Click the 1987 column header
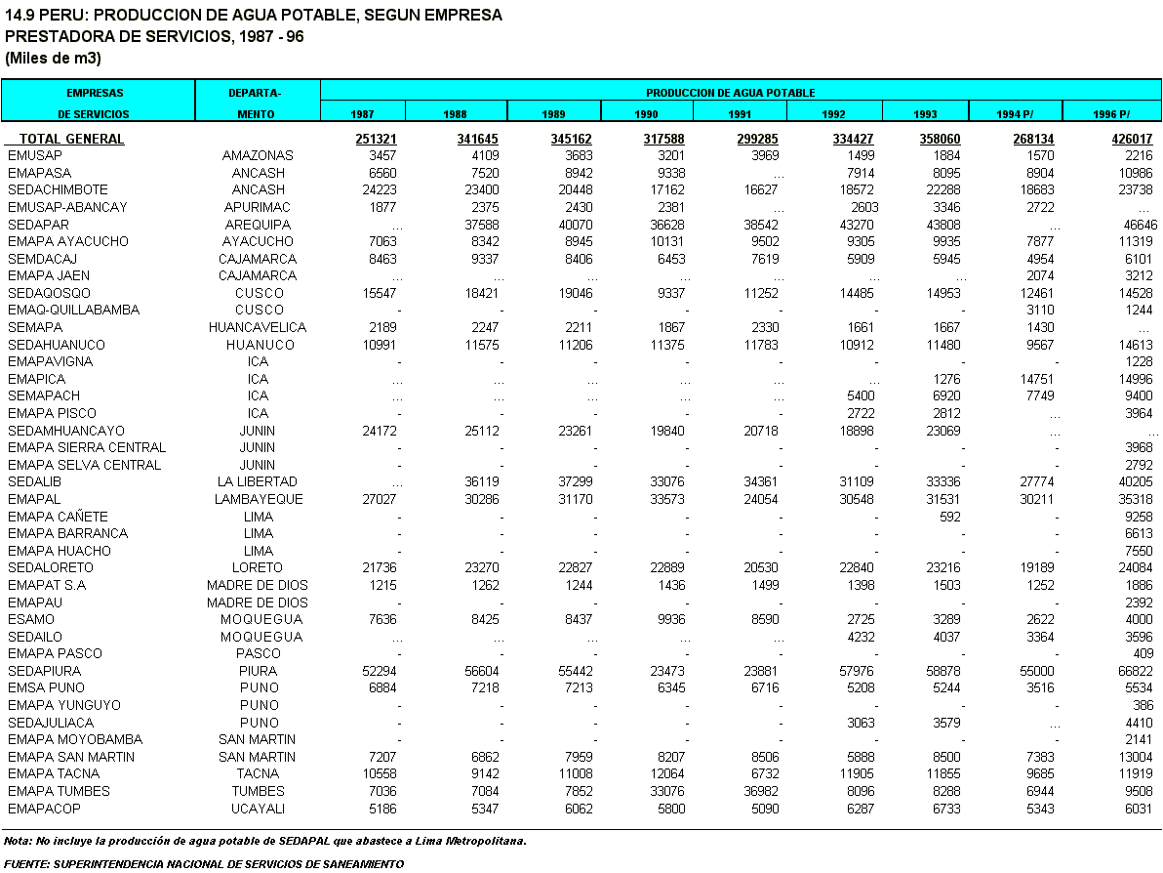362,114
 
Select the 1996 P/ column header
1111,114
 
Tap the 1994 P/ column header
1015,114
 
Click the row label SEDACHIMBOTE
58,190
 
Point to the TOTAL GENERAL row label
71,139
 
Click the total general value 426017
1132,139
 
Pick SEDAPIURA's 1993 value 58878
942,671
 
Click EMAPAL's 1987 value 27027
379,499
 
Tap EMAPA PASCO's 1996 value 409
1143,654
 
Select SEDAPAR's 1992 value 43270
857,225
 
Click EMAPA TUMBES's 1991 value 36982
761,791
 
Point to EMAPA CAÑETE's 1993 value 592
950,517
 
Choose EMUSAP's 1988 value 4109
486,156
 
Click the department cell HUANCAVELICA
258,327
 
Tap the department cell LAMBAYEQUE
259,499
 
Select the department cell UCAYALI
259,809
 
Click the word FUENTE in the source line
26,864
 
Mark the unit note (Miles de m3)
53,58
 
